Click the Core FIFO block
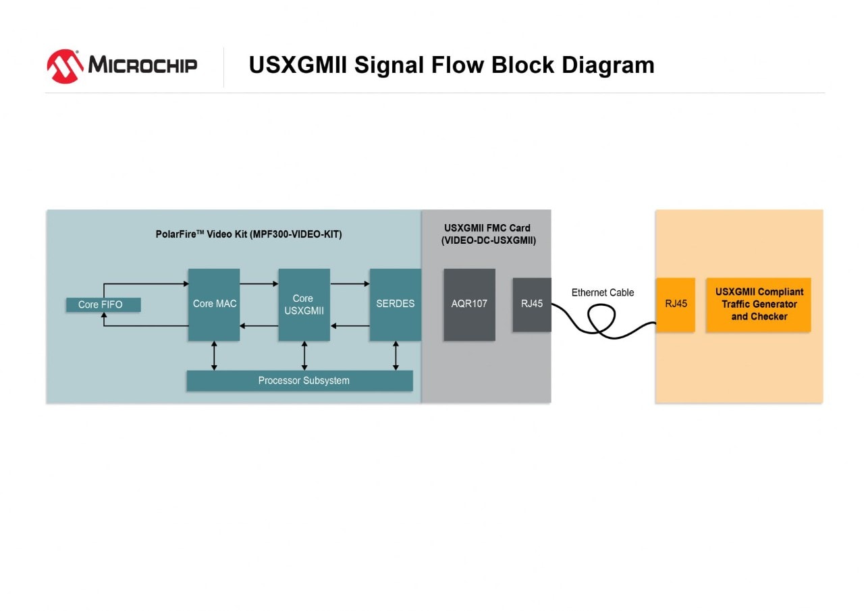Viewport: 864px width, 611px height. coord(103,304)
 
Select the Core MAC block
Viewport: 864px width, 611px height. coord(214,304)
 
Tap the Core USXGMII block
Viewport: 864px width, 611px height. coord(304,304)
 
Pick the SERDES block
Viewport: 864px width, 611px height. coord(395,304)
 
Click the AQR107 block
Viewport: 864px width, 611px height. coord(469,304)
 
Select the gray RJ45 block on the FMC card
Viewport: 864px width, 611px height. coord(531,304)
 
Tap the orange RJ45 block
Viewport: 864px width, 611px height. coord(676,304)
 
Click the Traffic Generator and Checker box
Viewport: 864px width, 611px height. coord(759,304)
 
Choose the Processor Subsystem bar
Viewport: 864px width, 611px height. coord(300,381)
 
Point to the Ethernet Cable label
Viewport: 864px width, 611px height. coord(603,292)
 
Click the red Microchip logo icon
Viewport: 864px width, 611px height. coord(65,65)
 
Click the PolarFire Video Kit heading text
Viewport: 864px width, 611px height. coord(248,234)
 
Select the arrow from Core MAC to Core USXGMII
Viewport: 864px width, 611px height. coord(259,284)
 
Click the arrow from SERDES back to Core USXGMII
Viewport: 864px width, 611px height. coord(350,326)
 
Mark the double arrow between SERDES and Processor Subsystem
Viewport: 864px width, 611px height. coord(396,356)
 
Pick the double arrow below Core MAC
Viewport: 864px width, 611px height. coord(214,356)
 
